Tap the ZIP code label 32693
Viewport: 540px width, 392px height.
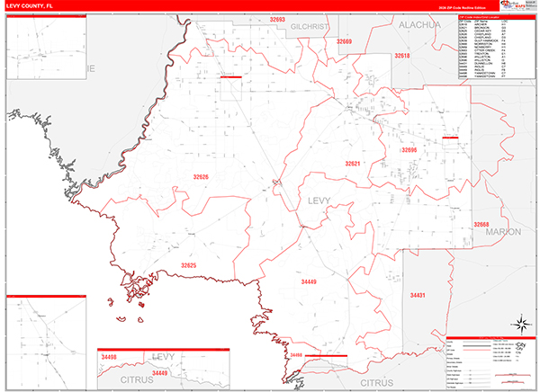[x=276, y=20]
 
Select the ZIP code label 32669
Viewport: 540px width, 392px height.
[x=344, y=42]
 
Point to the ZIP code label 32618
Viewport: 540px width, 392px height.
[x=401, y=56]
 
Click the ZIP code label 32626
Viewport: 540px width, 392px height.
[x=201, y=176]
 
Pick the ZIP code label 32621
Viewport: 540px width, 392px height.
[x=353, y=164]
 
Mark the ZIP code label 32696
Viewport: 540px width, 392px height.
[x=409, y=149]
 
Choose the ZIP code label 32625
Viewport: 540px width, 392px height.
[x=187, y=265]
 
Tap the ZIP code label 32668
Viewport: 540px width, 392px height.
[x=482, y=223]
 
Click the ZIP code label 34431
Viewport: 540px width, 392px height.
[x=418, y=295]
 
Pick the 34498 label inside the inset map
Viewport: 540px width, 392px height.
[x=110, y=357]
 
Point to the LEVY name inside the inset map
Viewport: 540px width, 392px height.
[x=164, y=358]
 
